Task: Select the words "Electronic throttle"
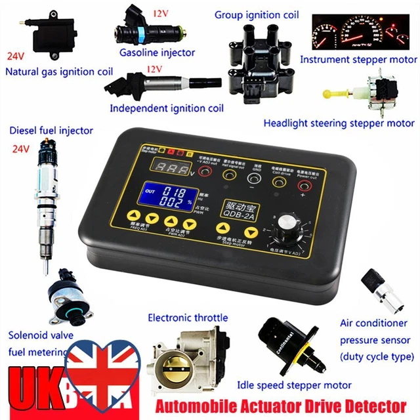[188, 318]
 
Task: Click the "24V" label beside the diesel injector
[22, 150]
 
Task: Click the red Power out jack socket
[304, 173]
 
